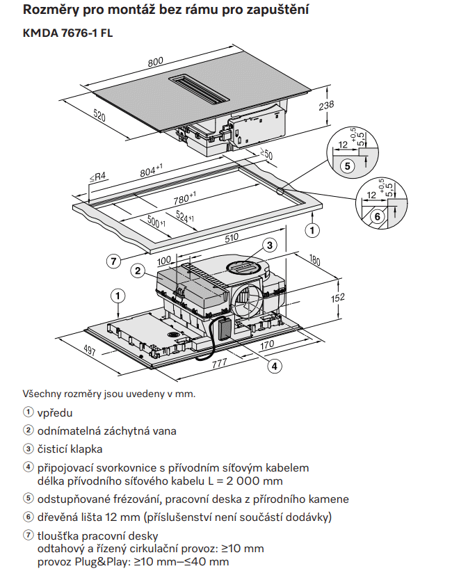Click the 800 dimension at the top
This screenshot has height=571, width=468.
(x=156, y=61)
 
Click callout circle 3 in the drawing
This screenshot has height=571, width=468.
(x=270, y=244)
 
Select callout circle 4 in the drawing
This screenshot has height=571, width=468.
(x=275, y=365)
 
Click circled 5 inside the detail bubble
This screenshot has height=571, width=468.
(x=346, y=165)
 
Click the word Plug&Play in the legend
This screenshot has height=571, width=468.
(x=96, y=561)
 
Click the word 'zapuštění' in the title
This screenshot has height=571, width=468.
(x=276, y=10)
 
